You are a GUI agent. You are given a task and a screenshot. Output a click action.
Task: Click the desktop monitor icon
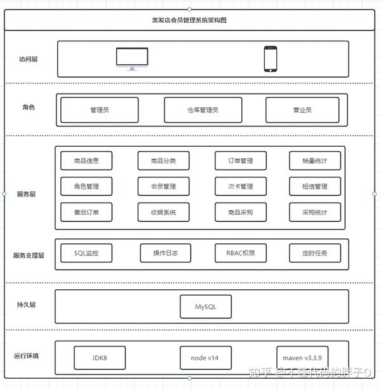(132, 59)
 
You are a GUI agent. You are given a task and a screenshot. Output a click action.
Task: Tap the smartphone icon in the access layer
(271, 59)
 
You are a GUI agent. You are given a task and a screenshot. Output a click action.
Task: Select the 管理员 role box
(100, 110)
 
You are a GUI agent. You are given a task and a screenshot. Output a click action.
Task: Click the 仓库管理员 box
(203, 110)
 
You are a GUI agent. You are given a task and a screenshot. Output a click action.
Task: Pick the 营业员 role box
(302, 110)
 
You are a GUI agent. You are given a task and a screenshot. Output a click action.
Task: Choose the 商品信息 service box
(86, 161)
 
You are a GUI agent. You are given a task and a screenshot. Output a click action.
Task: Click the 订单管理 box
(241, 161)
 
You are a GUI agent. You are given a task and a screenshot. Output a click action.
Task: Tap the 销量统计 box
(315, 161)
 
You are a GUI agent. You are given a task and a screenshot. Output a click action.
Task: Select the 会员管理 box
(163, 186)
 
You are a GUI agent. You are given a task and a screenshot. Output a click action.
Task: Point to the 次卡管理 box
(241, 186)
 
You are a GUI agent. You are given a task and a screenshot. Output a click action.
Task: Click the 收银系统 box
(163, 212)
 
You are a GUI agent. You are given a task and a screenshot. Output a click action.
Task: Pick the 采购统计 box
(315, 212)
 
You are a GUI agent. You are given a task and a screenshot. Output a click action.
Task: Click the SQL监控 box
(86, 253)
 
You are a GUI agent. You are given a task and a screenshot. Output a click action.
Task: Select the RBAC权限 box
(241, 253)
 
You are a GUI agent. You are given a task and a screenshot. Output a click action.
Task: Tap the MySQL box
(206, 306)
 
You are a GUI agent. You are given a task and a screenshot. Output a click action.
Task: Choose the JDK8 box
(100, 358)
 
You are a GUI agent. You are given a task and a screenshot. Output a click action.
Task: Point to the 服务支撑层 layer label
(29, 256)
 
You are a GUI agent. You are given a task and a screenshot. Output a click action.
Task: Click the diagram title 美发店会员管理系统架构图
(189, 20)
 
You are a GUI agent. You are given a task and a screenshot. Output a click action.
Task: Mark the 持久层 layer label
(26, 304)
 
